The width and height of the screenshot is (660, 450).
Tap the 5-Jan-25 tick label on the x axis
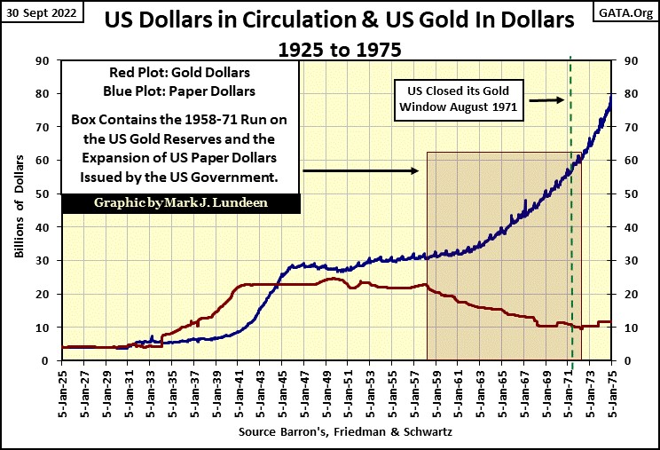click(x=63, y=391)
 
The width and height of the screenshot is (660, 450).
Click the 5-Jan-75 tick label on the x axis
click(x=611, y=391)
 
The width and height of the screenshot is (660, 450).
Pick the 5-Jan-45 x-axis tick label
click(x=283, y=391)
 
